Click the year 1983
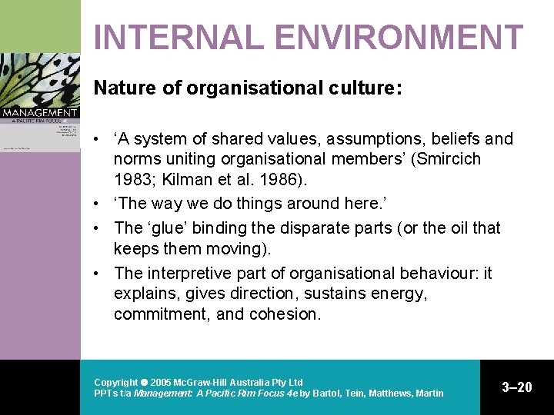(x=132, y=181)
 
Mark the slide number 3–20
(x=516, y=387)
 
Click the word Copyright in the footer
(x=115, y=382)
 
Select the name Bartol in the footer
(x=328, y=393)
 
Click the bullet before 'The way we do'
(x=101, y=204)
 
